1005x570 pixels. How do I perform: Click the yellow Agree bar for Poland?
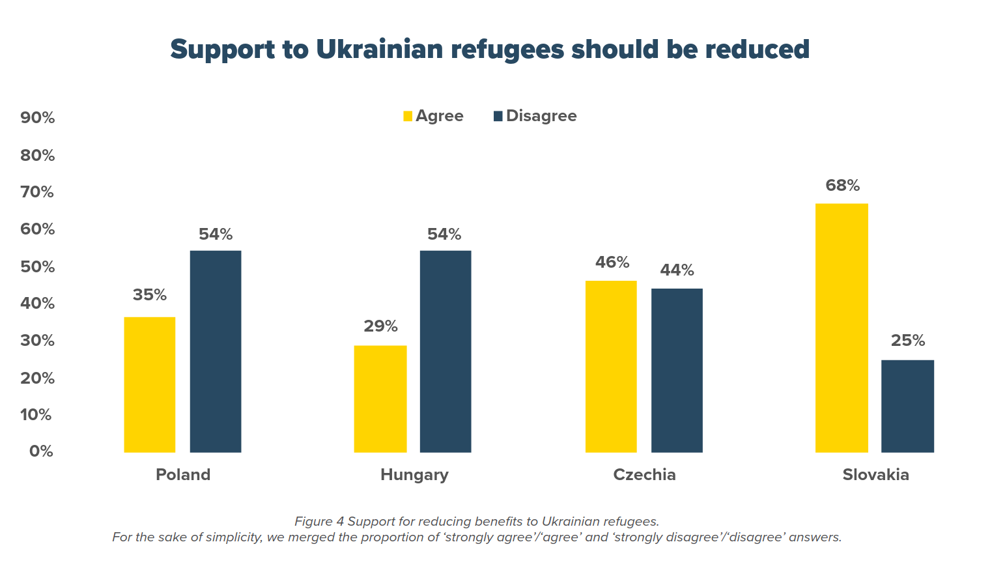click(x=149, y=384)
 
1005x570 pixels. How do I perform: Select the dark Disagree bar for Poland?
click(x=216, y=351)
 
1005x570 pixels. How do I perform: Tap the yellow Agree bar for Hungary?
click(x=380, y=399)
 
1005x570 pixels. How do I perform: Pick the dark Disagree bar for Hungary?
click(x=446, y=351)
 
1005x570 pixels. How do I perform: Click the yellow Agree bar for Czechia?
click(x=611, y=366)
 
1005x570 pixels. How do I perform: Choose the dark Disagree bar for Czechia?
click(x=677, y=370)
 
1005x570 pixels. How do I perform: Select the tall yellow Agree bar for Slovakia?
click(x=842, y=328)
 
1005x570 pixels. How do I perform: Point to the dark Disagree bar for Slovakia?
click(x=907, y=406)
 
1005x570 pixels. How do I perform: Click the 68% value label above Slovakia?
click(x=842, y=186)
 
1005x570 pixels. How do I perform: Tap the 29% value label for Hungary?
click(x=380, y=326)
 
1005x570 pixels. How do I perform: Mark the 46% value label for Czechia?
click(x=612, y=263)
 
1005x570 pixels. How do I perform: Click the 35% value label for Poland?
click(x=150, y=295)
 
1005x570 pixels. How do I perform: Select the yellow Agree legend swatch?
click(x=408, y=116)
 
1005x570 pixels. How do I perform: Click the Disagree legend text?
click(x=541, y=116)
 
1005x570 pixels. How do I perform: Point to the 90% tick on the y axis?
click(x=38, y=118)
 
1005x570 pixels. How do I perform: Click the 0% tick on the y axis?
click(x=41, y=451)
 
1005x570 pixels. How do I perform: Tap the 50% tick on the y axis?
click(x=38, y=267)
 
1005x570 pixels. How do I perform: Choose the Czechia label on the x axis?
click(x=644, y=475)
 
